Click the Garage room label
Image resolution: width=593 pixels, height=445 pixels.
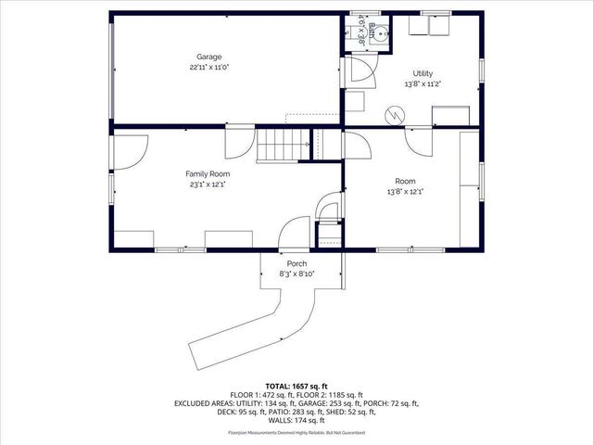click(208, 57)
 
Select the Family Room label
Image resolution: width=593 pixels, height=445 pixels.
click(208, 173)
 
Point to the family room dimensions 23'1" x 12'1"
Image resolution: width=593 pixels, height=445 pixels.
click(208, 184)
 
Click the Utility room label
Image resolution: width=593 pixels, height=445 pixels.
click(423, 73)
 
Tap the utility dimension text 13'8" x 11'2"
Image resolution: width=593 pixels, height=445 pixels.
click(423, 83)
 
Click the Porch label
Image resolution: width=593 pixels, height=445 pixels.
click(296, 263)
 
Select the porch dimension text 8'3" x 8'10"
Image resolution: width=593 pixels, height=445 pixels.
click(296, 273)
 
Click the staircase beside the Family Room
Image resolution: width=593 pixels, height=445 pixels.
click(283, 146)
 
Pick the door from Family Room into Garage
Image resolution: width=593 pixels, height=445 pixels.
click(236, 145)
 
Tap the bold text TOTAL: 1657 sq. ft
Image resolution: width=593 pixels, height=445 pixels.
click(296, 385)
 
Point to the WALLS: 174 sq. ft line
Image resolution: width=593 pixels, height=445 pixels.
click(296, 422)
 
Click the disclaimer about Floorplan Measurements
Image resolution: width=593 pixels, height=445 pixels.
click(296, 433)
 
